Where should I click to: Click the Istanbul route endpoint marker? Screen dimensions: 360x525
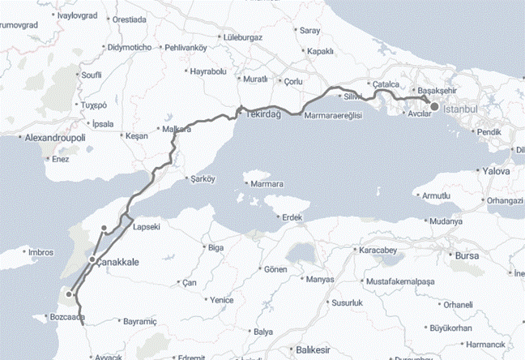(x=434, y=106)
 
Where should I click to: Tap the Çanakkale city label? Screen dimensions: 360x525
(x=119, y=263)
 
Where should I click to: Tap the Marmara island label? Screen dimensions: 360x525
(x=267, y=183)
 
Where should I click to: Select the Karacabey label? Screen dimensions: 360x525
(x=378, y=250)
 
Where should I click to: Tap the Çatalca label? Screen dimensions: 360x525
(x=383, y=84)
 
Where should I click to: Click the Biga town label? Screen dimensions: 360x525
(x=215, y=246)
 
